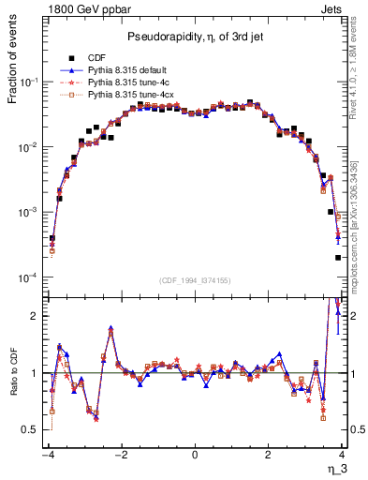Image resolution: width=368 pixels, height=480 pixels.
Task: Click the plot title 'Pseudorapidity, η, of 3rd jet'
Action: [x=194, y=37]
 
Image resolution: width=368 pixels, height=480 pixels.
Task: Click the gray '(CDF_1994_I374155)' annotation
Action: [x=194, y=279]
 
